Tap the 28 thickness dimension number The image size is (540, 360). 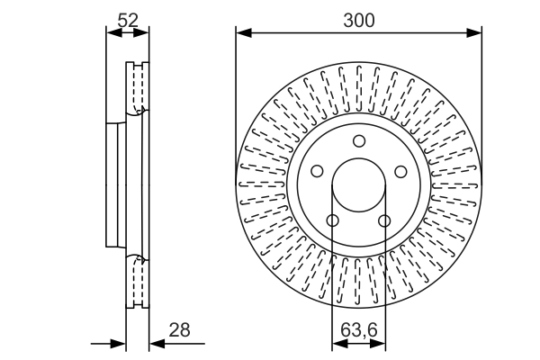click(180, 330)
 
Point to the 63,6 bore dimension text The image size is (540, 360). click(358, 330)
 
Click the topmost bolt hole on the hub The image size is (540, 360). click(358, 140)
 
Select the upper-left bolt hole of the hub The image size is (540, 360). click(317, 171)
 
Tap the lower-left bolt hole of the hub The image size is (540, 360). click(332, 220)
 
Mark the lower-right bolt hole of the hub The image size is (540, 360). click(384, 220)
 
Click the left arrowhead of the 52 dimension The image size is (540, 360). click(112, 33)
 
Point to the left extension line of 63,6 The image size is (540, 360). click(332, 288)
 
